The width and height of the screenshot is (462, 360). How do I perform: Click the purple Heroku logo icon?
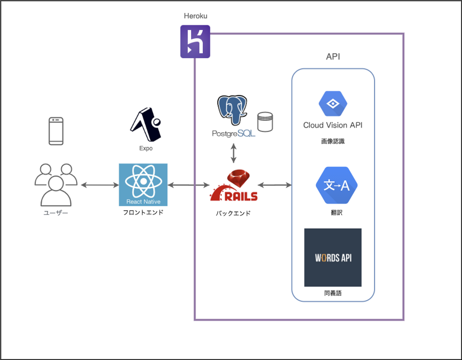(195, 42)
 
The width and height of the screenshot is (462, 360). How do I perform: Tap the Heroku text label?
(195, 16)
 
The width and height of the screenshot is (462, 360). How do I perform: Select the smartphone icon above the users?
(56, 131)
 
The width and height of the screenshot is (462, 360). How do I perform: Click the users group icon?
(56, 185)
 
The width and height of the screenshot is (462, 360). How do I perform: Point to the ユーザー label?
(56, 213)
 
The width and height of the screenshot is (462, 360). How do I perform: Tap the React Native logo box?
(143, 184)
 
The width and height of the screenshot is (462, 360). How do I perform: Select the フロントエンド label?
(143, 212)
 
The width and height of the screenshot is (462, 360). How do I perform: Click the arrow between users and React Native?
(100, 185)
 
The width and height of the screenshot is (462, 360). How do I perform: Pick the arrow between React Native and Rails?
(188, 185)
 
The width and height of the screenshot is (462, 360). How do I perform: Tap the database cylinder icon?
(265, 122)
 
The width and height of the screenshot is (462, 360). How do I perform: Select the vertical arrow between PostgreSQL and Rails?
(234, 153)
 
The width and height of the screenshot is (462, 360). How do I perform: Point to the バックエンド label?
(233, 213)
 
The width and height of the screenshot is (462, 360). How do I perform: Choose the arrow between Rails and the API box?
(275, 185)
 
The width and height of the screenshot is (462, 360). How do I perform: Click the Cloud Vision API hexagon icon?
(333, 104)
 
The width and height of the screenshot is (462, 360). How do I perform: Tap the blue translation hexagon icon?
(336, 185)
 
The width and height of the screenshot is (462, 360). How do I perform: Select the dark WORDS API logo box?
(333, 257)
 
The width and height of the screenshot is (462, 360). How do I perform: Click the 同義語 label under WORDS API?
(333, 293)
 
